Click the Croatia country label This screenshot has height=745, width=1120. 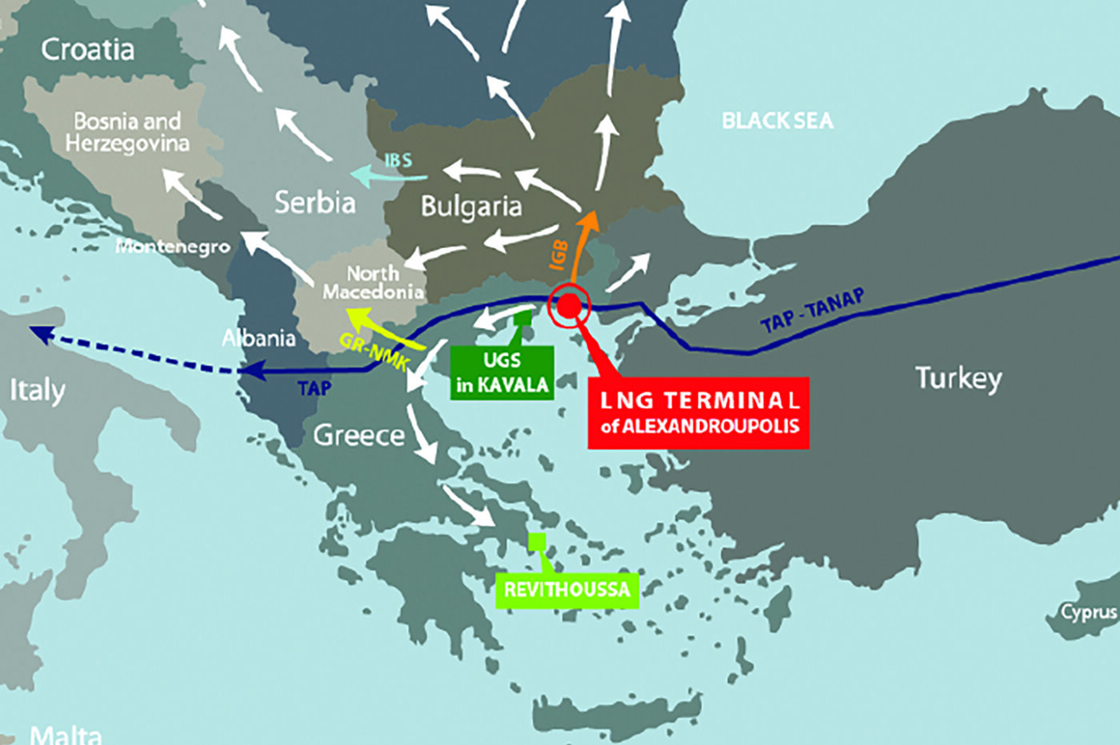pyautogui.click(x=87, y=50)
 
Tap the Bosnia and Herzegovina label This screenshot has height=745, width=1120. pyautogui.click(x=127, y=132)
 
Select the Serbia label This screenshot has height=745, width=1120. pyautogui.click(x=314, y=202)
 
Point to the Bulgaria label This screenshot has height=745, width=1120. pyautogui.click(x=471, y=206)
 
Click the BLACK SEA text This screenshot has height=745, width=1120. pyautogui.click(x=777, y=121)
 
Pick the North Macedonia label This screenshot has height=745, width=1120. pyautogui.click(x=373, y=282)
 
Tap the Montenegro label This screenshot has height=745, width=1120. pyautogui.click(x=173, y=246)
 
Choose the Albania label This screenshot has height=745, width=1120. pyautogui.click(x=258, y=338)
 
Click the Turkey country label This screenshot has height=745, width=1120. pyautogui.click(x=958, y=378)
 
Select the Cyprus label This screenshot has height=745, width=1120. pyautogui.click(x=1088, y=612)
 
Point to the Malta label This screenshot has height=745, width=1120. pyautogui.click(x=66, y=735)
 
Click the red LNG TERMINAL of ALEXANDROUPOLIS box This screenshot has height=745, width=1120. pyautogui.click(x=698, y=413)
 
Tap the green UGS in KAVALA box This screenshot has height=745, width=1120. pyautogui.click(x=502, y=372)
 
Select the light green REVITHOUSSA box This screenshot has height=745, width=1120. pyautogui.click(x=566, y=591)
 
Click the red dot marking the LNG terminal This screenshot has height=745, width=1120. pyautogui.click(x=568, y=305)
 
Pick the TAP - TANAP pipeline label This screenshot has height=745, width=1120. pyautogui.click(x=811, y=311)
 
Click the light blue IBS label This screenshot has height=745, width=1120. pyautogui.click(x=398, y=161)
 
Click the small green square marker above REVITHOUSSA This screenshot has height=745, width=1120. pyautogui.click(x=537, y=541)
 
